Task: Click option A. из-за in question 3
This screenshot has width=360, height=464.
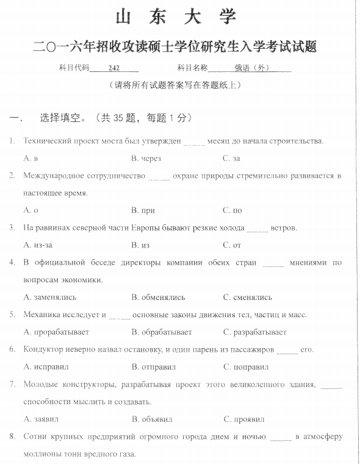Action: [37, 245]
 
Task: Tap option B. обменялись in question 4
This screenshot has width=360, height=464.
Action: [162, 298]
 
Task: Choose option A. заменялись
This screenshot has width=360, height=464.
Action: [50, 298]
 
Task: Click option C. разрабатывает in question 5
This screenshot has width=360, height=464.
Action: [254, 332]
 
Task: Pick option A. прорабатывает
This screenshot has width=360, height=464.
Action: [56, 332]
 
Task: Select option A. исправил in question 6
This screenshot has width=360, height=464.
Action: [46, 367]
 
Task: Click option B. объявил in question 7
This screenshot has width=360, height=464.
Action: [152, 419]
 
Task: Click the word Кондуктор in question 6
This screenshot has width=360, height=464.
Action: [44, 349]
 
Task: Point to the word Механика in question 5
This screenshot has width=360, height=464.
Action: [41, 315]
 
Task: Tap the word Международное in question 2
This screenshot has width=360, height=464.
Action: [54, 176]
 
